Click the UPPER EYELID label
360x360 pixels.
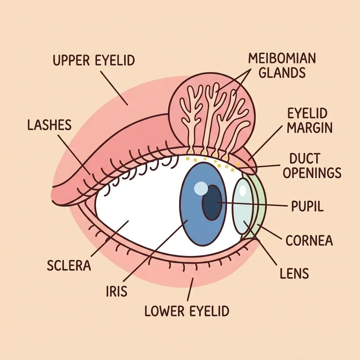click(94, 60)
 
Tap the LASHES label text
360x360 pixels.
click(49, 125)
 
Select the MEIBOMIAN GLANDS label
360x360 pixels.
click(282, 65)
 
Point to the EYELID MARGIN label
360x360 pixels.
click(309, 121)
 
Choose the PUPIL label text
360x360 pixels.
click(307, 206)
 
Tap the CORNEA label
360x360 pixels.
click(309, 240)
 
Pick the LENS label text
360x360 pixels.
click(294, 273)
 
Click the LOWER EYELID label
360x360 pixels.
click(187, 311)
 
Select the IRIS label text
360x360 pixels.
click(117, 291)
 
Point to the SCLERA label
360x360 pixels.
click(69, 265)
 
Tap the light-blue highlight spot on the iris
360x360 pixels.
click(201, 188)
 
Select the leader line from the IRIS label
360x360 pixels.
click(155, 250)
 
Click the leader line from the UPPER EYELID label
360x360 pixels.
click(114, 88)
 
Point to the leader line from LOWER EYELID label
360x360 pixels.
click(190, 289)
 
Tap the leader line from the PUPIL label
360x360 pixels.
click(252, 204)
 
